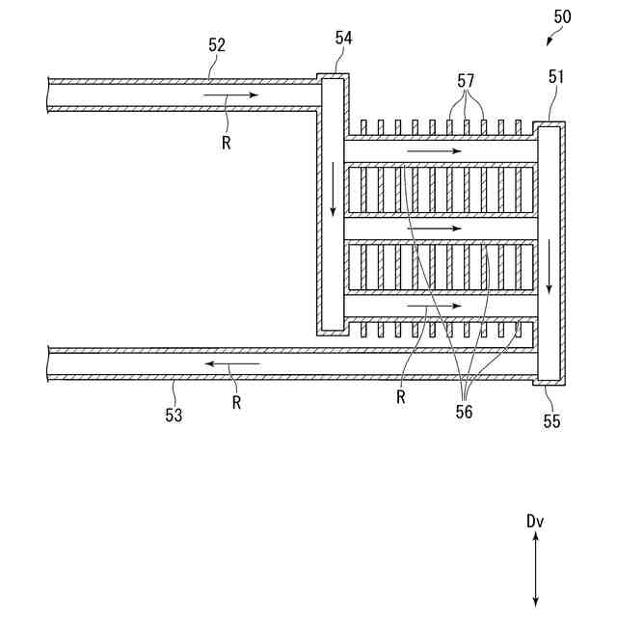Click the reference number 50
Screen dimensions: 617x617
tap(561, 16)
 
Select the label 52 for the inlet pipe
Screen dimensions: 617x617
tap(218, 45)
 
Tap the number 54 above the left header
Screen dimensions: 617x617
tap(344, 38)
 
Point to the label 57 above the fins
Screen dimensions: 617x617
tap(468, 82)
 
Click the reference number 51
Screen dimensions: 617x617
tap(556, 77)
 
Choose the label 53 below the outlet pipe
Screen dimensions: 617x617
tap(173, 415)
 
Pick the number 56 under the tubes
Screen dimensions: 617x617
tap(465, 411)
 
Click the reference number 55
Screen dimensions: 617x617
tap(550, 421)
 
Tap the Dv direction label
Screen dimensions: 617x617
tap(535, 522)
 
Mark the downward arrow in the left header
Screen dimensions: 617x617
tap(333, 189)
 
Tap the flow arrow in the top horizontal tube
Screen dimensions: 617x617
tap(434, 152)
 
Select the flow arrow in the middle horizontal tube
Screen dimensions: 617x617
tap(434, 228)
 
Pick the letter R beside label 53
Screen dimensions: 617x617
tap(236, 403)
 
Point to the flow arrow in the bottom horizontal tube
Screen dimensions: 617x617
tap(434, 306)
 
